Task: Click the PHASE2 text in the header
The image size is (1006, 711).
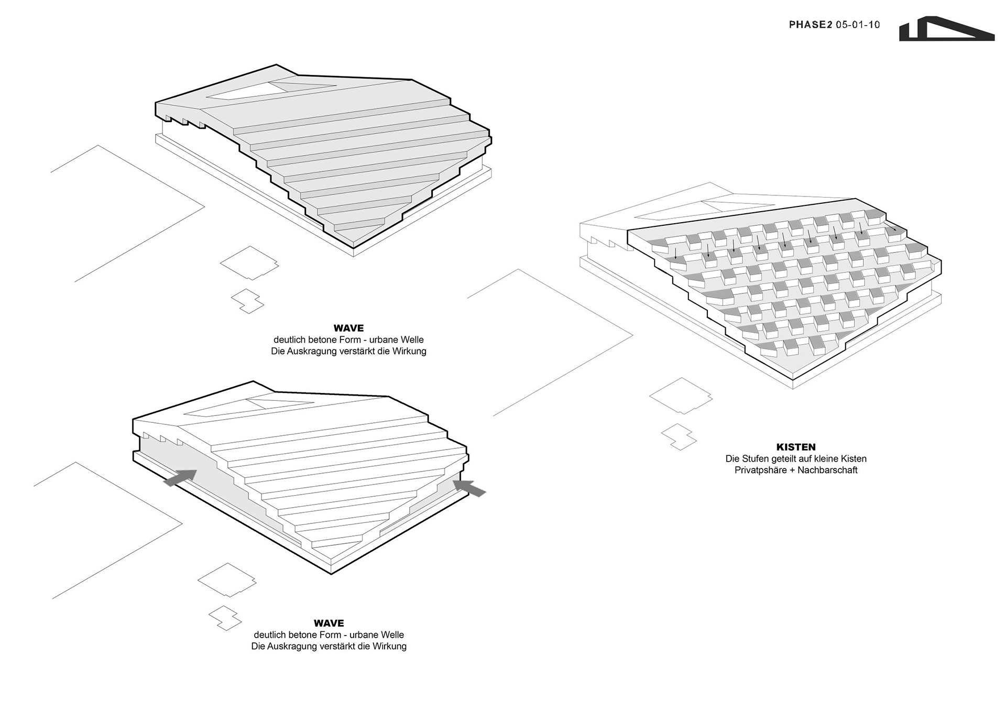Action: [810, 25]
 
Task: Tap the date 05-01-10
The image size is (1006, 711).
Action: [858, 25]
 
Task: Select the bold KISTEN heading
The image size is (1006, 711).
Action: [796, 447]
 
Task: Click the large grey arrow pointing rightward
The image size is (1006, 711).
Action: [180, 477]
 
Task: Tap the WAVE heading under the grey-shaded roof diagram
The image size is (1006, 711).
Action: [348, 328]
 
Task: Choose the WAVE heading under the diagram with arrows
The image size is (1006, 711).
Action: [329, 623]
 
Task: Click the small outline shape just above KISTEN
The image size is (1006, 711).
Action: [679, 436]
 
